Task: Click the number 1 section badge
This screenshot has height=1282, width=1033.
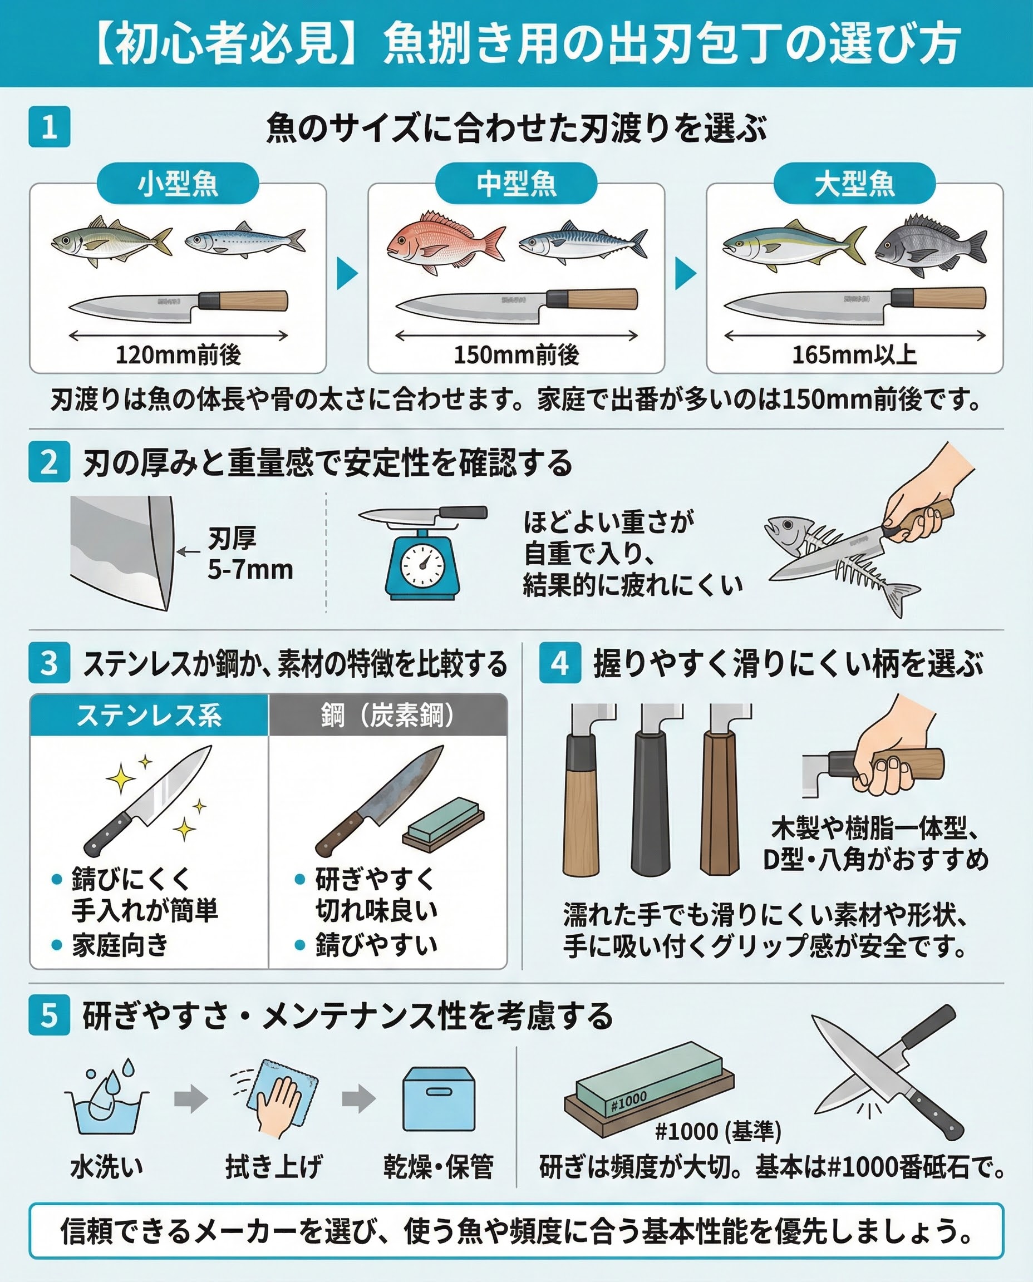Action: click(x=50, y=127)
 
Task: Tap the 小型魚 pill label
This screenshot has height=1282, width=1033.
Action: click(x=178, y=183)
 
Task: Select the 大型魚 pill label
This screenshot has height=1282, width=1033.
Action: click(x=854, y=183)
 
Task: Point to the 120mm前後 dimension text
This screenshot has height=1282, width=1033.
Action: click(x=178, y=355)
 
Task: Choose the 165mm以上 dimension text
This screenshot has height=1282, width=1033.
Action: click(x=854, y=355)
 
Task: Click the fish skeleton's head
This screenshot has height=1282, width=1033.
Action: click(x=785, y=530)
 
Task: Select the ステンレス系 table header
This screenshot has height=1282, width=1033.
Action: click(x=149, y=715)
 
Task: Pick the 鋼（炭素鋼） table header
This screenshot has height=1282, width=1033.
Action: click(x=388, y=715)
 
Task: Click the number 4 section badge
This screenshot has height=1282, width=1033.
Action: click(x=560, y=663)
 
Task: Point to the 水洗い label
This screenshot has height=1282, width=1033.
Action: click(x=107, y=1167)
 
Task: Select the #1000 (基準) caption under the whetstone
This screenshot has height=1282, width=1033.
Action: click(x=717, y=1130)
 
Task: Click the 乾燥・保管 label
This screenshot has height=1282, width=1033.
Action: click(x=439, y=1167)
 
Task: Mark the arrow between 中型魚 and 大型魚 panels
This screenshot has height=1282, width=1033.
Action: click(x=686, y=273)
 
